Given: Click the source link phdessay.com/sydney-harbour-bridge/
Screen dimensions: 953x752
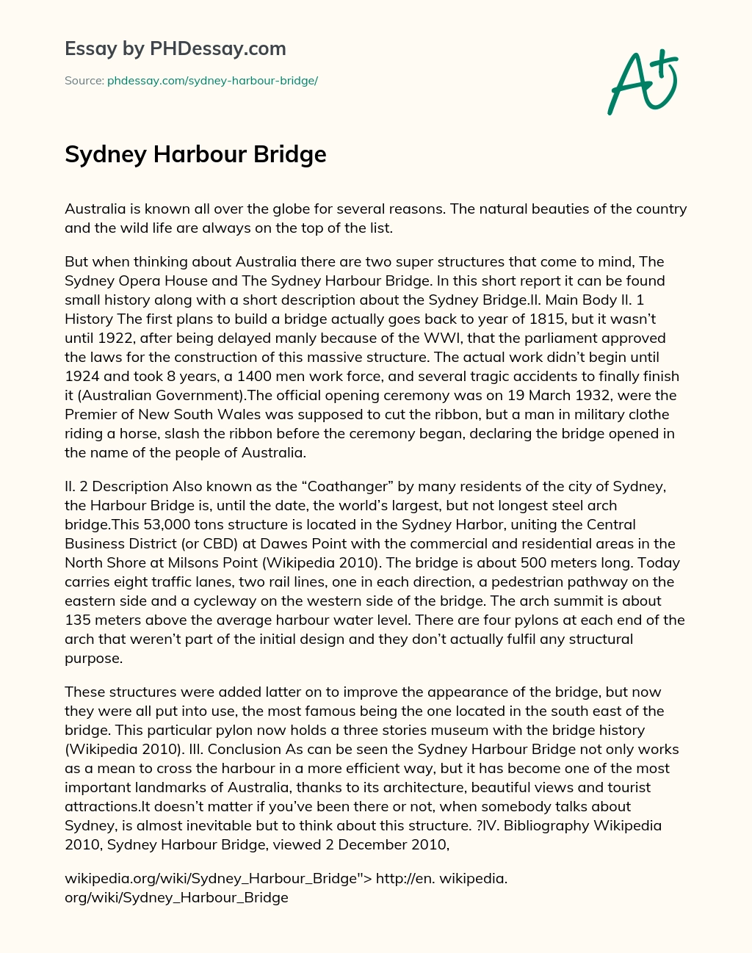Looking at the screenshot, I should pos(212,81).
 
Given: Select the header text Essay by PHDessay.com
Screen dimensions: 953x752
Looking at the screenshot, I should pos(176,49).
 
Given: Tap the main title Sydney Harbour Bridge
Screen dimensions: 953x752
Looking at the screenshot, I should pos(195,155).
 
